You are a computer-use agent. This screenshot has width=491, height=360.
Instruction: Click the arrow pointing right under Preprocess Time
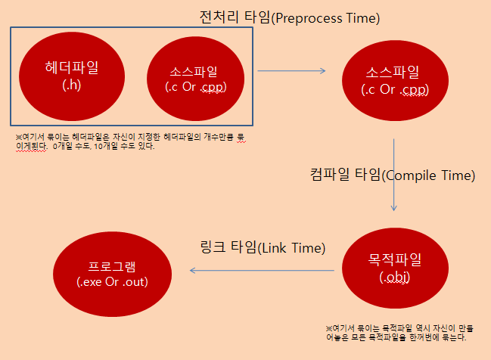291,71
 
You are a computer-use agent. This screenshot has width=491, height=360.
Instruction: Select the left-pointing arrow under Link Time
261,270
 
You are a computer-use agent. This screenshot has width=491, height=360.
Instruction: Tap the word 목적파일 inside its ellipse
394,259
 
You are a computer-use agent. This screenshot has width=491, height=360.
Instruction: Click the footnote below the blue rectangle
132,141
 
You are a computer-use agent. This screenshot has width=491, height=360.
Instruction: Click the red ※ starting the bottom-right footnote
329,328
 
